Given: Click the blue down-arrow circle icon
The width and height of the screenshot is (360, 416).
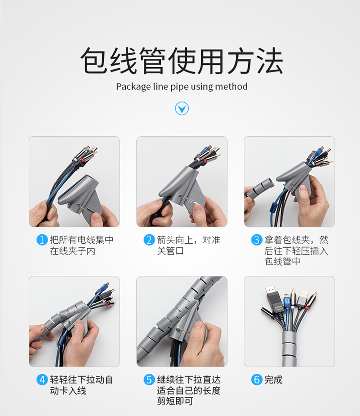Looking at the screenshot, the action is click(182, 108).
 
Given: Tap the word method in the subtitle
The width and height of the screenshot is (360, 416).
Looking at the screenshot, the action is click(231, 86).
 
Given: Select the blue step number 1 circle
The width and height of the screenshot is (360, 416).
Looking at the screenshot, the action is click(42, 240).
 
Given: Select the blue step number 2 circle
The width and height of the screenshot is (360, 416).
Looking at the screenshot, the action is click(149, 240).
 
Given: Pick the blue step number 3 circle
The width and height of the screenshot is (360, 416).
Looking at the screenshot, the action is click(257, 240).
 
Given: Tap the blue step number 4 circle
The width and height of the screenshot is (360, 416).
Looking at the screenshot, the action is click(42, 380).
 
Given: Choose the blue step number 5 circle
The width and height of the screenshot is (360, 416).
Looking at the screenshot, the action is click(149, 380).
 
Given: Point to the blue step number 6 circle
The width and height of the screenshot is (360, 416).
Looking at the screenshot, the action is click(257, 380).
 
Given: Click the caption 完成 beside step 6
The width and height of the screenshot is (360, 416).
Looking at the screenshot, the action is click(273, 380).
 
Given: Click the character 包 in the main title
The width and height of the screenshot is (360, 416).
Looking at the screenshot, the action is click(94, 60).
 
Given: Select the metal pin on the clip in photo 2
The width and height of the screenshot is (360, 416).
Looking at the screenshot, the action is click(187, 199).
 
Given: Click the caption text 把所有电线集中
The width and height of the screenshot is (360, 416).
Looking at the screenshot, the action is click(82, 240).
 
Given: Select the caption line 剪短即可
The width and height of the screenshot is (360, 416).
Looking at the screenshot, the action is click(175, 401).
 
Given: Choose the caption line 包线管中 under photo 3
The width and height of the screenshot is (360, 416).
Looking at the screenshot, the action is click(282, 261).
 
